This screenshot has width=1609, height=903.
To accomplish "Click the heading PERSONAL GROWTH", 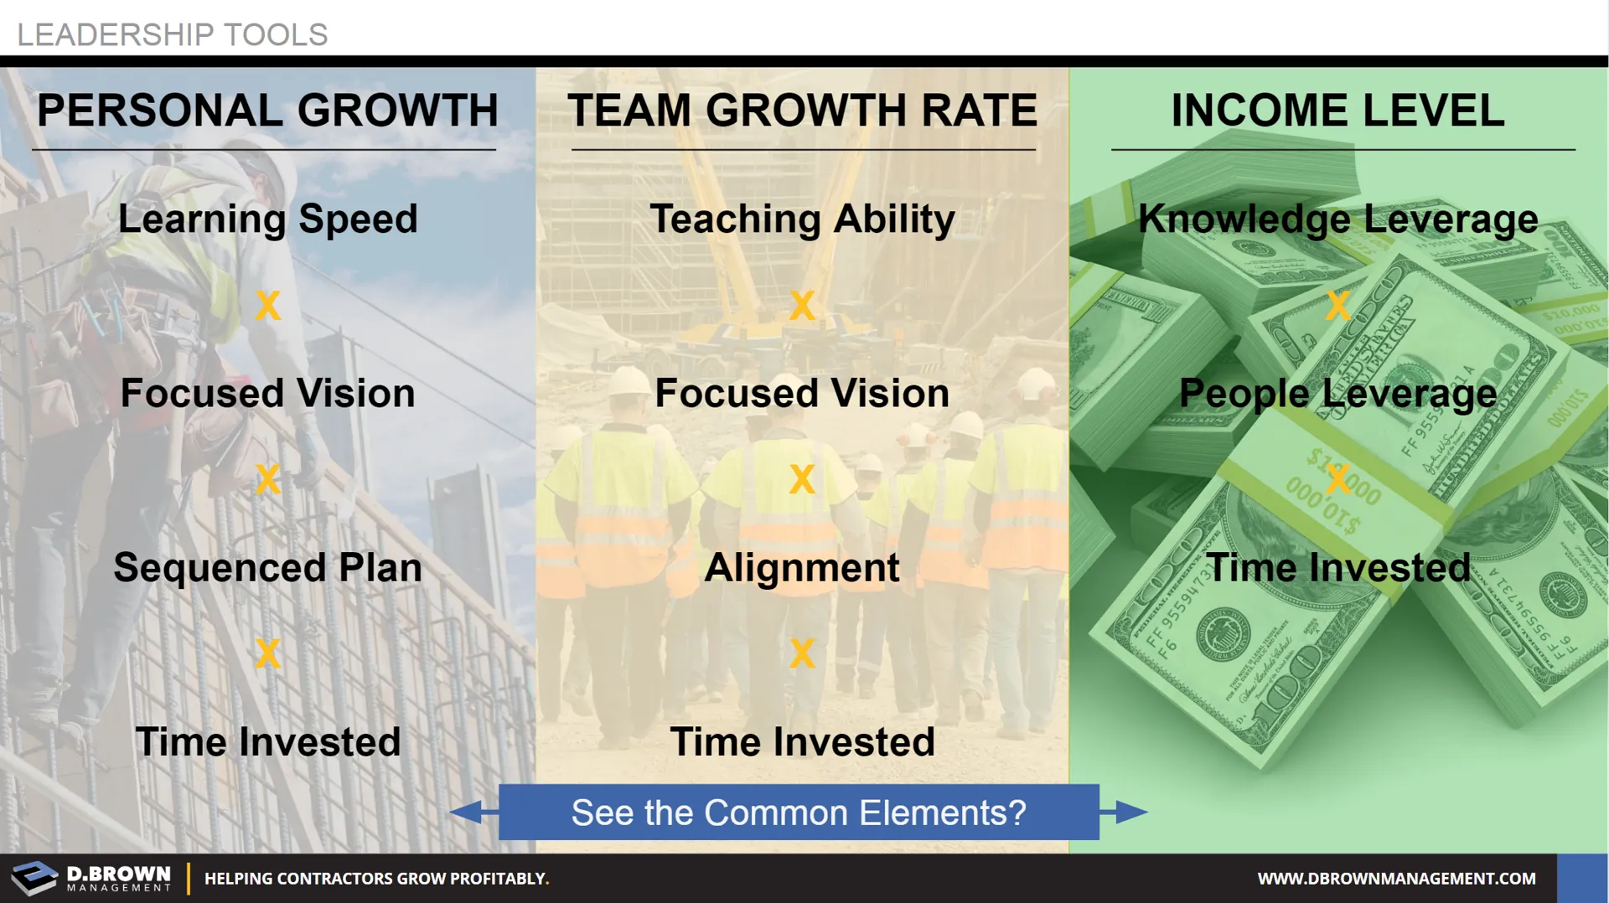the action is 267,111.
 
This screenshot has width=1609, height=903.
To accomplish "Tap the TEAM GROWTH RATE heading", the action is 803,111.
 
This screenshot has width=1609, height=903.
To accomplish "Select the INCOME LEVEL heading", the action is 1338,111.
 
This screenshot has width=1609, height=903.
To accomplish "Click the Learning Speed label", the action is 267,219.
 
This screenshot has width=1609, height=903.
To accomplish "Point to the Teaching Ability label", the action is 803,219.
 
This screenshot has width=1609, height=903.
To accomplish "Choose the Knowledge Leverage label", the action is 1338,219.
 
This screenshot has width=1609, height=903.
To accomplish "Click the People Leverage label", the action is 1338,394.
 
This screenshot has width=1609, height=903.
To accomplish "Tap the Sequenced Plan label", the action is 267,568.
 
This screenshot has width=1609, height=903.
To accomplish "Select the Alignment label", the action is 802,568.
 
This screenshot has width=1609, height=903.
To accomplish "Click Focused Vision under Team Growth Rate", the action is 802,394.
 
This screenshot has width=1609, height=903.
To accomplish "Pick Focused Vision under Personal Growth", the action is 267,394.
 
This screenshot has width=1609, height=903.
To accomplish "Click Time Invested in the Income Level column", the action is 1338,568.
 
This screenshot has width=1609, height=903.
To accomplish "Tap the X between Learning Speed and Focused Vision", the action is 268,306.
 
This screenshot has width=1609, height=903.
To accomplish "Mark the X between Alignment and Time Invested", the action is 802,653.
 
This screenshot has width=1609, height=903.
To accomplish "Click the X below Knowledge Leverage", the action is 1338,306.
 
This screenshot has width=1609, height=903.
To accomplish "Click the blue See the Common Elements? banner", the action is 799,813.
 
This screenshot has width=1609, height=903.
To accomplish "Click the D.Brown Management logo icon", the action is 34,878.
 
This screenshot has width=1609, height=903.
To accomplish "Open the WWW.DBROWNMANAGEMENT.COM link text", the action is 1397,879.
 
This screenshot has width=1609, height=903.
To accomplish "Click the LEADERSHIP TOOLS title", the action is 173,35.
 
